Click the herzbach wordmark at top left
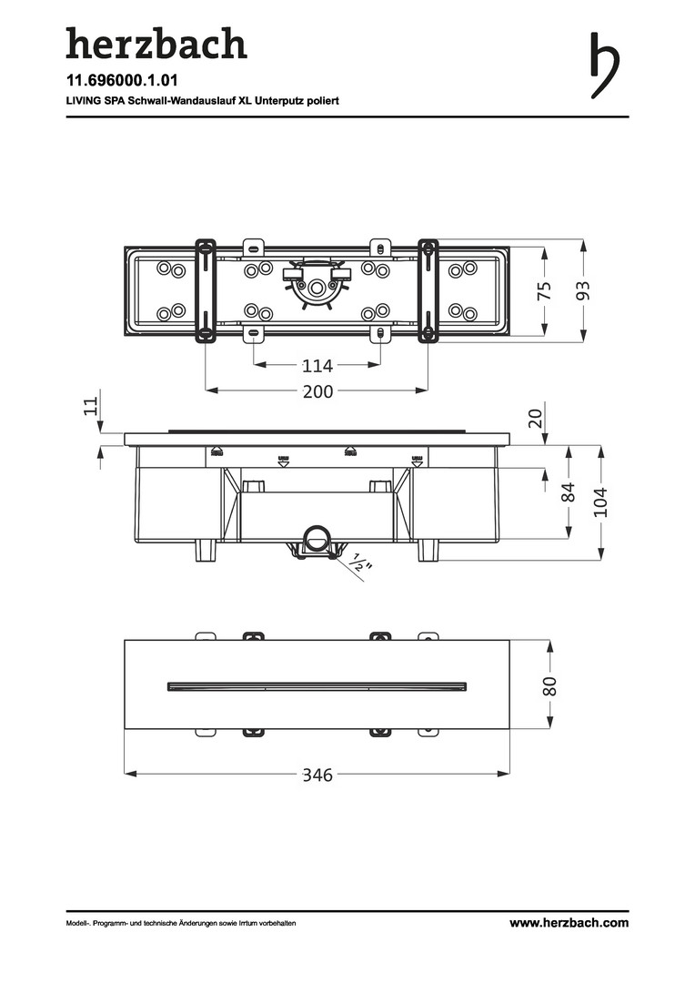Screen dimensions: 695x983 click(x=156, y=44)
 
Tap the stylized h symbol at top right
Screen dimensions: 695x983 click(x=605, y=66)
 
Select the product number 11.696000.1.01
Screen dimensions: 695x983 click(x=122, y=80)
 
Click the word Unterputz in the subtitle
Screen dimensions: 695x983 click(x=279, y=101)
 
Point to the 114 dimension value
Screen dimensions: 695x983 click(x=317, y=365)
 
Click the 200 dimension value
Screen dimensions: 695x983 click(x=317, y=391)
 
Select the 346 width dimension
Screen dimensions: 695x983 click(x=317, y=775)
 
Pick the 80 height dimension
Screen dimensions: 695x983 click(x=549, y=686)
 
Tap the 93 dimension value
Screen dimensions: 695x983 click(x=583, y=290)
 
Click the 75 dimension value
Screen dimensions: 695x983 click(x=545, y=290)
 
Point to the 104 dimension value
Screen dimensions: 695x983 click(x=601, y=502)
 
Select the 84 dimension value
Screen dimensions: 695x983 click(x=568, y=492)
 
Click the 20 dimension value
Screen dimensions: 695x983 click(x=535, y=418)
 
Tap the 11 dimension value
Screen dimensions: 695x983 click(x=92, y=406)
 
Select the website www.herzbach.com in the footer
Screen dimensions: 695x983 click(x=569, y=923)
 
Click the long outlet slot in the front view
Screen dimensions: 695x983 click(x=317, y=686)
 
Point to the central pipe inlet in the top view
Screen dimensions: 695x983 click(x=317, y=287)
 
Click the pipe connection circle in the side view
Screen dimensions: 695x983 click(x=317, y=538)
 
